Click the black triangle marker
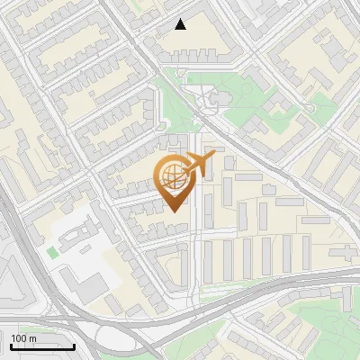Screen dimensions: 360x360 pyautogui.click(x=181, y=24)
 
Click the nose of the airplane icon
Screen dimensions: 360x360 pyautogui.click(x=211, y=157)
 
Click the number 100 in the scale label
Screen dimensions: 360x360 pyautogui.click(x=19, y=338)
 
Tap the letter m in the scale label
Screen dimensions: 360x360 pyautogui.click(x=33, y=338)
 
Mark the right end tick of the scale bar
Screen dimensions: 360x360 pyautogui.click(x=74, y=346)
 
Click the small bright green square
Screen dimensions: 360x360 pyautogui.click(x=52, y=253)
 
